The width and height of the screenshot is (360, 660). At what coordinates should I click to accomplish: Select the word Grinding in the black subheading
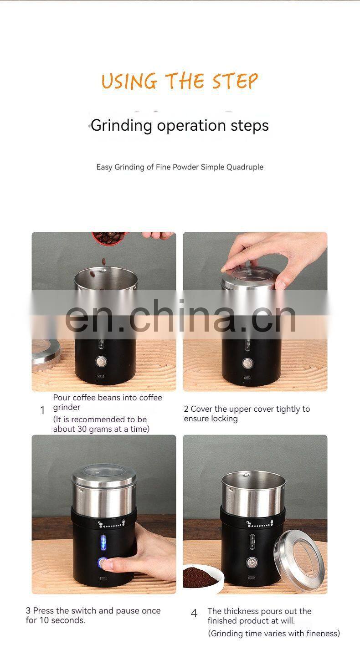121,126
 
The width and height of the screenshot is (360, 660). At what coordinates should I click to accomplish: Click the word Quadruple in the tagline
245,167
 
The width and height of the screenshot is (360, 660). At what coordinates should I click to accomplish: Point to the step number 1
42,410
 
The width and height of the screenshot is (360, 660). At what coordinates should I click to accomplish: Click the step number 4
194,613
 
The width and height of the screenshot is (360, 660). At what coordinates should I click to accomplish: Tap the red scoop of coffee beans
108,237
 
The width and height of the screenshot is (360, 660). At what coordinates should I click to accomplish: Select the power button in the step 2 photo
247,363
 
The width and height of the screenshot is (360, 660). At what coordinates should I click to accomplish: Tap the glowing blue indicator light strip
103,542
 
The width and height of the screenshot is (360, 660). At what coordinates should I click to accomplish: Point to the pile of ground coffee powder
198,576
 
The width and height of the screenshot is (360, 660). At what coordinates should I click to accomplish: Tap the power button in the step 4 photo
252,562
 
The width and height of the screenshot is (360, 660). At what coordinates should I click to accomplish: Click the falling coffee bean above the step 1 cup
103,261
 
